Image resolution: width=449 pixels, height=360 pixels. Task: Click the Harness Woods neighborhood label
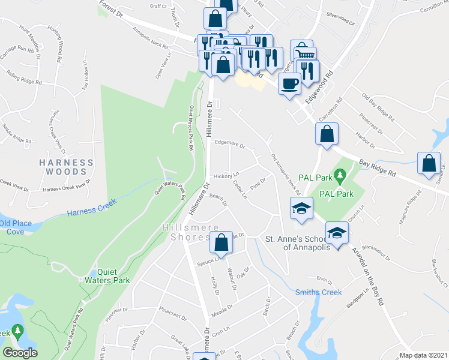click(66, 167)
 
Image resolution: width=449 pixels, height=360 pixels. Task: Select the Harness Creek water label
click(90, 212)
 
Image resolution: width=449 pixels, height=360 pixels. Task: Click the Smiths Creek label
click(318, 292)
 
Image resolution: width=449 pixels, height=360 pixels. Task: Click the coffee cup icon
click(290, 83)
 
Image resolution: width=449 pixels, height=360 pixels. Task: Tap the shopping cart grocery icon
click(301, 51)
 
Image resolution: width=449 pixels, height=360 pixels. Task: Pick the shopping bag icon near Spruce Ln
click(221, 243)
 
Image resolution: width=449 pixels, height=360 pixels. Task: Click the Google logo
click(20, 353)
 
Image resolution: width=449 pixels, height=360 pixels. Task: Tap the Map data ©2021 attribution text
click(423, 355)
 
